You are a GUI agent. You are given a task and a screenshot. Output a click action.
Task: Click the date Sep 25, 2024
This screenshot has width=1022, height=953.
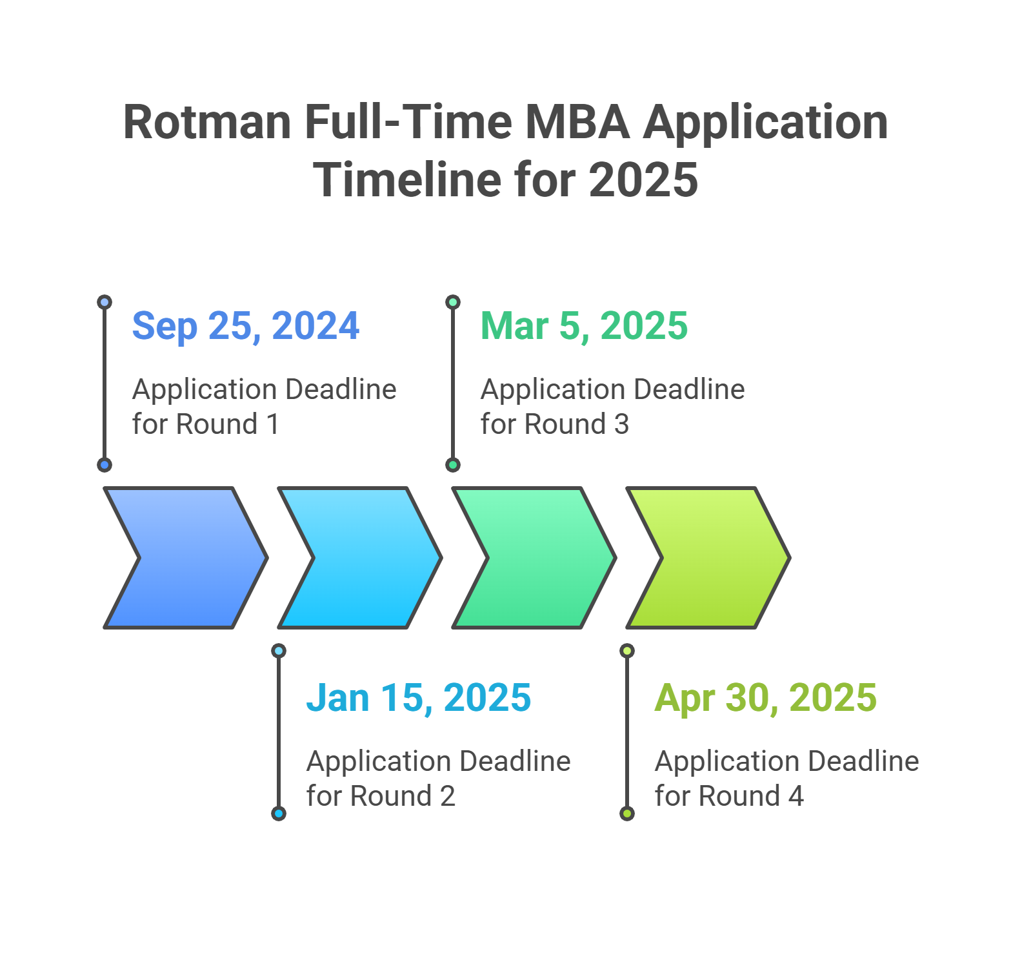click(x=246, y=326)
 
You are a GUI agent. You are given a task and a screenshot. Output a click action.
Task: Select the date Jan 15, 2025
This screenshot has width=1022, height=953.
click(x=419, y=698)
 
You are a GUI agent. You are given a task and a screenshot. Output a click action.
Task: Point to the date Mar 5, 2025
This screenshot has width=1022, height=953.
click(x=585, y=326)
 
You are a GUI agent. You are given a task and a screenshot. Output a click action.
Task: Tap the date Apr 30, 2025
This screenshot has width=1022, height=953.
click(x=766, y=699)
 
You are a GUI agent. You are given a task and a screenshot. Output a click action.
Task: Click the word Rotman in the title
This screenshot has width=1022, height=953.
click(x=207, y=122)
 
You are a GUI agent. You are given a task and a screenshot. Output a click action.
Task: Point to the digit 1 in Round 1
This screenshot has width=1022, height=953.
click(x=273, y=424)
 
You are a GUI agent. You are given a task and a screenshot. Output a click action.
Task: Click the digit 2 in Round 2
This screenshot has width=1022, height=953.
click(x=448, y=796)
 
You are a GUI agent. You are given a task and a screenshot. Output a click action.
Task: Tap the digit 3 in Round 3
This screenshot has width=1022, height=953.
click(x=621, y=424)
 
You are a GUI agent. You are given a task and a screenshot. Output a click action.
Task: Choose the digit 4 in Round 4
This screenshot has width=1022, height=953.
click(x=796, y=796)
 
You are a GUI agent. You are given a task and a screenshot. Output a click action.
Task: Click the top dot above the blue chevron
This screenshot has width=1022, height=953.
click(x=105, y=302)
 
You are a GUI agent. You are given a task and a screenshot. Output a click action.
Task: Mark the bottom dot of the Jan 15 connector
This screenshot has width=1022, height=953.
click(x=279, y=814)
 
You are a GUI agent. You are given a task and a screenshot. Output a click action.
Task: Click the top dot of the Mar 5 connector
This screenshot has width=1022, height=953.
click(x=453, y=302)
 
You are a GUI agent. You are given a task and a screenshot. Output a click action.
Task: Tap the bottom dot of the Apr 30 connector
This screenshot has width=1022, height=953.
click(x=627, y=814)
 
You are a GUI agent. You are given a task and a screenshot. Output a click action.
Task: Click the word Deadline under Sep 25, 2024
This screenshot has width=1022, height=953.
click(x=341, y=389)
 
